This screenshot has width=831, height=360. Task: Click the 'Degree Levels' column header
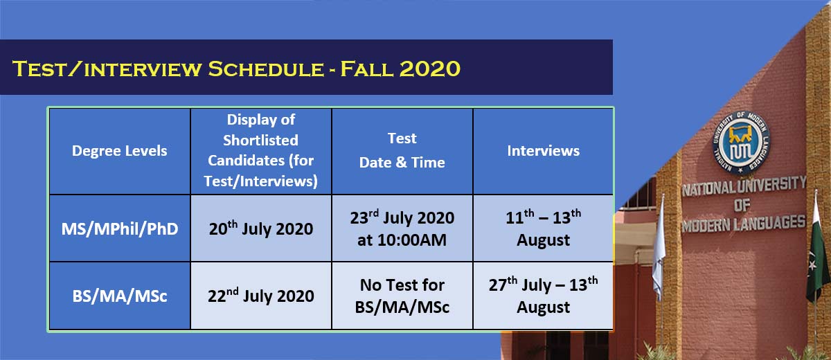click(x=119, y=151)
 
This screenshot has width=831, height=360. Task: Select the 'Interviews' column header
click(x=543, y=151)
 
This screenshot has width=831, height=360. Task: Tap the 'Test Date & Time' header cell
click(x=402, y=151)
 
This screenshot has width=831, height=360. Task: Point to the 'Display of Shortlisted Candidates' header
click(x=261, y=151)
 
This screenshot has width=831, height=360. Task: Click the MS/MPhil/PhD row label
click(x=119, y=228)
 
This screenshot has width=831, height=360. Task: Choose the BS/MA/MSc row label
click(x=119, y=296)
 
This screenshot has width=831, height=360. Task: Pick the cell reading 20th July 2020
click(x=261, y=228)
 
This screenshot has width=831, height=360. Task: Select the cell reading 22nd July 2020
click(x=261, y=296)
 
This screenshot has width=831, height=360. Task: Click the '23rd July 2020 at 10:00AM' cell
click(x=402, y=228)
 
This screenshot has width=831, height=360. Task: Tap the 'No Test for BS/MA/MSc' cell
click(x=402, y=296)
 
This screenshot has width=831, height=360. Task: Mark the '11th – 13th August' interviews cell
click(x=543, y=228)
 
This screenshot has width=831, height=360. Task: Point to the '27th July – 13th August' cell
click(x=543, y=296)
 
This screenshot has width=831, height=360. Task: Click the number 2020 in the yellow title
click(x=429, y=69)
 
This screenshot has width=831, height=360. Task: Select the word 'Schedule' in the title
click(x=265, y=69)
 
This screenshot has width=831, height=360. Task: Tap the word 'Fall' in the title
click(x=366, y=69)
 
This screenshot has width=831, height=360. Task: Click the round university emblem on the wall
click(x=741, y=143)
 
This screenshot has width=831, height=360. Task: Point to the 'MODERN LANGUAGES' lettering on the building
click(x=744, y=224)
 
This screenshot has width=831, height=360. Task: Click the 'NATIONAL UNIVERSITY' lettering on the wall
click(x=744, y=186)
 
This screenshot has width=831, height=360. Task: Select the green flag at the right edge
click(x=818, y=252)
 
